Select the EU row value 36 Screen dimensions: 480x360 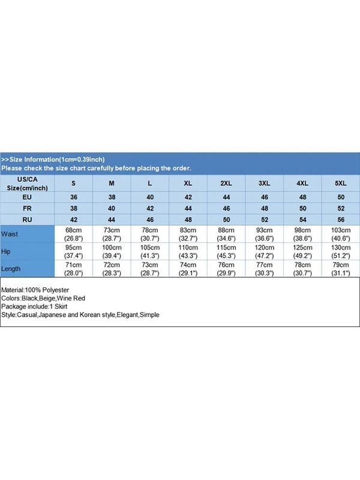pos(73,196)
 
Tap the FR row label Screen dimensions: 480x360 pos(27,208)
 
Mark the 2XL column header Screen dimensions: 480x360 pos(227,182)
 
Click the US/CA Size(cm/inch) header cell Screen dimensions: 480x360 pos(27,183)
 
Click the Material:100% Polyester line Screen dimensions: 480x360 pos(35,290)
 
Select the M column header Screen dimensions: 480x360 pos(112,182)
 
